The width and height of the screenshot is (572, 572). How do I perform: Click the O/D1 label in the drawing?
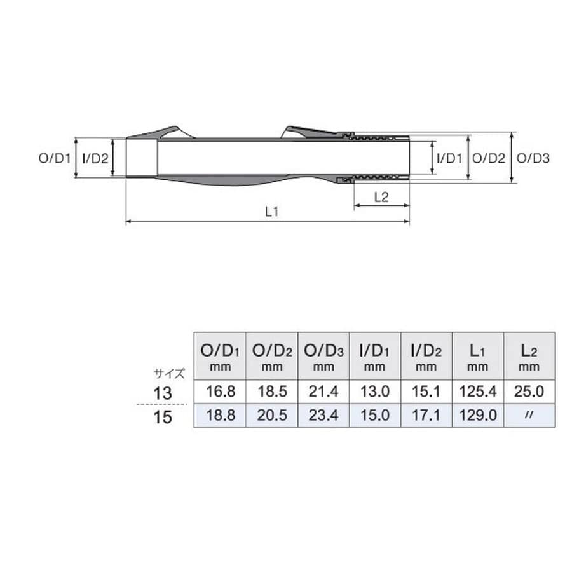(55, 158)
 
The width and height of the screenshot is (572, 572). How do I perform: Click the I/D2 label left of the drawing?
(95, 158)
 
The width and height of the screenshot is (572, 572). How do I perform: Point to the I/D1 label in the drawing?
(449, 158)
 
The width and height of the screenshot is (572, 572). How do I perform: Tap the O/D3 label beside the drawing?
(533, 158)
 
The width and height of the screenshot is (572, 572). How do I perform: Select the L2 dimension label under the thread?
(381, 198)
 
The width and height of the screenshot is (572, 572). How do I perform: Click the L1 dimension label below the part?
(271, 212)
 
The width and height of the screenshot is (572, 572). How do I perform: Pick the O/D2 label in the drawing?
(489, 158)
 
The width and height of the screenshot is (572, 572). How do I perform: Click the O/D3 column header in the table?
(323, 357)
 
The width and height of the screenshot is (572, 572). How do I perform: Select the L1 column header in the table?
(477, 357)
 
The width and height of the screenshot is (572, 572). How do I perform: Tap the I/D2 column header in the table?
(426, 357)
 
